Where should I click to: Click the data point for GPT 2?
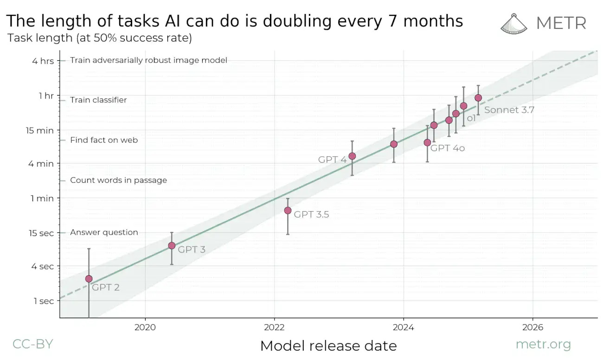[89, 279]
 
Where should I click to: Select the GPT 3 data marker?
[172, 245]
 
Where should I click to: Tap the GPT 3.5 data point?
[288, 211]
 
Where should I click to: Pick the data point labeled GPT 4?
[352, 156]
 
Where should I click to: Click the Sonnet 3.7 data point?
[478, 98]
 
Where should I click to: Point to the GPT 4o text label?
[448, 148]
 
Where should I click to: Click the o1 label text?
[471, 118]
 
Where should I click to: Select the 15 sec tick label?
[40, 233]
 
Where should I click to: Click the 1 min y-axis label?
[42, 198]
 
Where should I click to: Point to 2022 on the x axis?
[274, 327]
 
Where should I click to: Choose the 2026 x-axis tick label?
[532, 327]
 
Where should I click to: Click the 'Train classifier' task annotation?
[98, 100]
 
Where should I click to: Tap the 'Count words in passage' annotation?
[118, 180]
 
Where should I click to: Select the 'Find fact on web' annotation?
[104, 140]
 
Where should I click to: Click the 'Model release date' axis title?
[328, 346]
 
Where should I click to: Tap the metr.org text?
[543, 345]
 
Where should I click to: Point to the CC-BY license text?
[32, 344]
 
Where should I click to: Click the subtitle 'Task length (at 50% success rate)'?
[100, 38]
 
